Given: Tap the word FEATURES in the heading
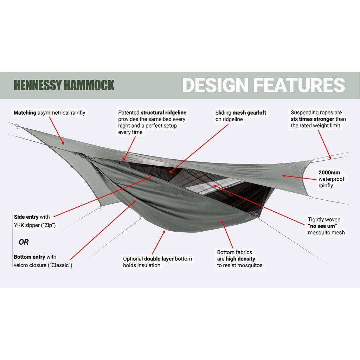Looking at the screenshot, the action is [299, 85].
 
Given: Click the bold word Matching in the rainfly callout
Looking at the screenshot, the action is [25, 113].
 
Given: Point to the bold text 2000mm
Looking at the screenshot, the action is [329, 173].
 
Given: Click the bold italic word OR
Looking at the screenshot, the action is [24, 242].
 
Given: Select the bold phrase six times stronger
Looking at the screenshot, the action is [313, 119].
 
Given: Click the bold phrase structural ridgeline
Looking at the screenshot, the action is [163, 113].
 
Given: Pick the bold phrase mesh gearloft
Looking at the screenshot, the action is [249, 113].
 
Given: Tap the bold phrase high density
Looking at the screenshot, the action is [240, 259].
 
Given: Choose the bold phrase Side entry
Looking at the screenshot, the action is [26, 217].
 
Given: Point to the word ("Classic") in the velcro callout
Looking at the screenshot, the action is [60, 265].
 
